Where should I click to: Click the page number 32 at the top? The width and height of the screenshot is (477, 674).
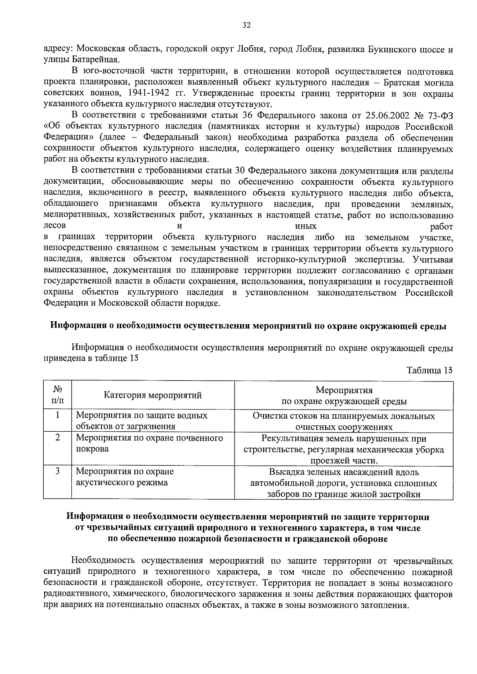pyautogui.click(x=246, y=25)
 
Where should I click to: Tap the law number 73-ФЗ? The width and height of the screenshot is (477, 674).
pyautogui.click(x=439, y=116)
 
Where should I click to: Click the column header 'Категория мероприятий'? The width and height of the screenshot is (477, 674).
pyautogui.click(x=153, y=395)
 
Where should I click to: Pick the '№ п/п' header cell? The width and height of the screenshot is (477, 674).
pyautogui.click(x=57, y=395)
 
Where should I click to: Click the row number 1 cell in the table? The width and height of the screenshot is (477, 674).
pyautogui.click(x=57, y=415)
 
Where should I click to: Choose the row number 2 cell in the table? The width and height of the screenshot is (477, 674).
pyautogui.click(x=57, y=438)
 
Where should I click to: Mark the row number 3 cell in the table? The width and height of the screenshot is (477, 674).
pyautogui.click(x=57, y=471)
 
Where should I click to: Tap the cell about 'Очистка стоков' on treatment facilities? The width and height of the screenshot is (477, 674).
pyautogui.click(x=343, y=421)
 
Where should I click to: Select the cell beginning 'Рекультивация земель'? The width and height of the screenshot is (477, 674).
pyautogui.click(x=343, y=450)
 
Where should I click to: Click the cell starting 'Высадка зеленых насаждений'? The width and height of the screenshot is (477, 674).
pyautogui.click(x=343, y=483)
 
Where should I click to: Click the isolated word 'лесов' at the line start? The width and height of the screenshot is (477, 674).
pyautogui.click(x=54, y=226)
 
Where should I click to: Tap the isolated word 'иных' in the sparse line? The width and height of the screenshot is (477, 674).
pyautogui.click(x=306, y=226)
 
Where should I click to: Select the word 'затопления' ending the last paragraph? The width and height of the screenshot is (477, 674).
pyautogui.click(x=387, y=606)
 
